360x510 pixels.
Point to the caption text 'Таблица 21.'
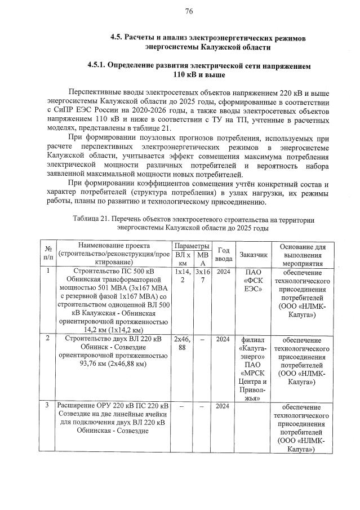point(91,219)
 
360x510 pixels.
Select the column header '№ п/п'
point(48,253)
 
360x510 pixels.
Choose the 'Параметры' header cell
point(192,247)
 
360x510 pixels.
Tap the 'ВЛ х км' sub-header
point(183,258)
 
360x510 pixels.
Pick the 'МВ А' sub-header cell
point(202,258)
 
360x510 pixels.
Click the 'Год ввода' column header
point(223,253)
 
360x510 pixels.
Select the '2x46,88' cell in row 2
point(183,343)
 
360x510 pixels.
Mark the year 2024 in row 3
point(223,406)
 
